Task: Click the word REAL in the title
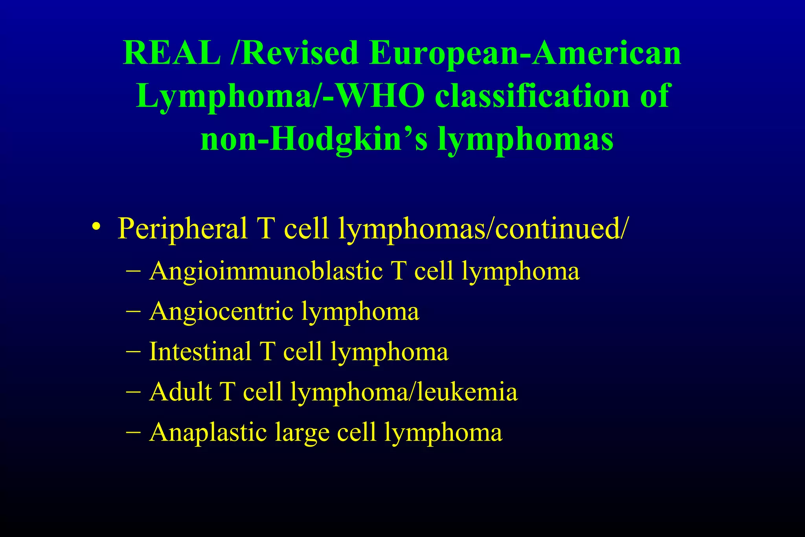[x=172, y=53]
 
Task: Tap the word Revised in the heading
[x=299, y=53]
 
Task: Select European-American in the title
[x=525, y=53]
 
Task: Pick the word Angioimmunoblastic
[x=266, y=271]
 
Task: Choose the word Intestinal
[x=200, y=351]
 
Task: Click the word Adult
[x=180, y=392]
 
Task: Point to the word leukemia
[x=467, y=392]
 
